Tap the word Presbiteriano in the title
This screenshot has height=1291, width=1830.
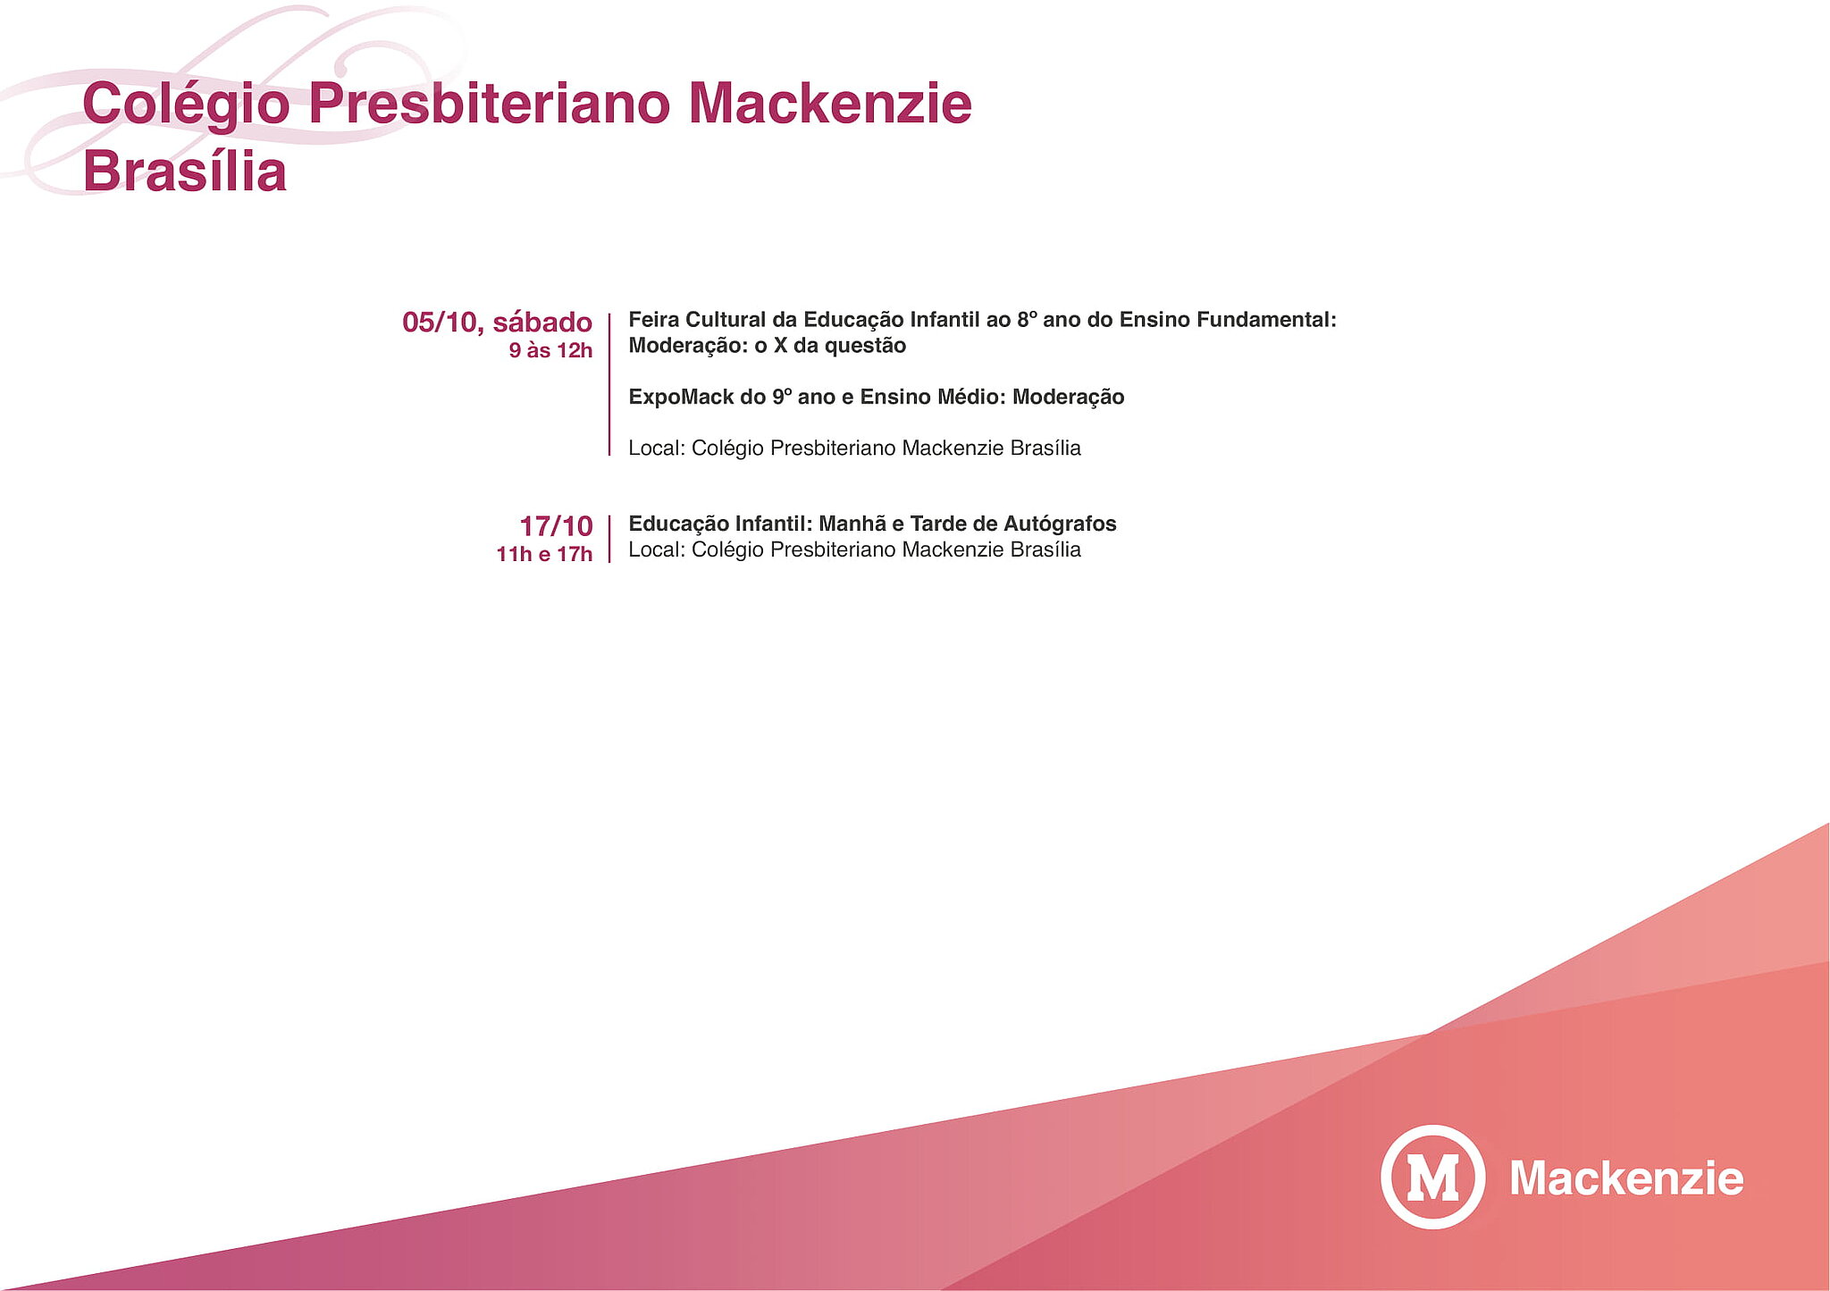(x=489, y=103)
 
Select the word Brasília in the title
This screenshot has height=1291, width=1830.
(x=185, y=171)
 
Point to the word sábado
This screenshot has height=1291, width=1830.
(x=542, y=322)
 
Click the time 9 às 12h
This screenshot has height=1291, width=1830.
(x=550, y=350)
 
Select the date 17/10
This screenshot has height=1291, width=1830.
(x=556, y=525)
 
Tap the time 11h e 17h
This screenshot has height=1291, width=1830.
(x=544, y=554)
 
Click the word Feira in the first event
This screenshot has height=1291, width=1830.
(x=653, y=320)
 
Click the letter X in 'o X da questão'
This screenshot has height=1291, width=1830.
(x=780, y=346)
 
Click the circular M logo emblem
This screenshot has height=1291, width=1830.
(x=1432, y=1177)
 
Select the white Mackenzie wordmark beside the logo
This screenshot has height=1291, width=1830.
(x=1626, y=1178)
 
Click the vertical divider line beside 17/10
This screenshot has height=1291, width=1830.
(x=609, y=539)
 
